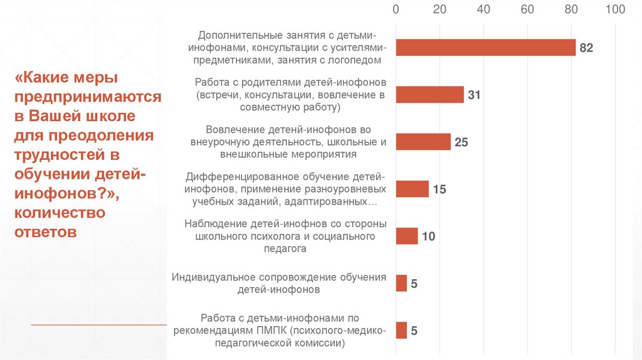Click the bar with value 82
point(485,48)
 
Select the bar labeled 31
point(429,95)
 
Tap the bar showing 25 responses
point(423,142)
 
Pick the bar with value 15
point(412,189)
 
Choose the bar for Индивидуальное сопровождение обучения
point(401,283)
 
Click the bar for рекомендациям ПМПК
point(401,331)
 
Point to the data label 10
point(428,237)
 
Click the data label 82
point(586,48)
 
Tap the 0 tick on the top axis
point(396,9)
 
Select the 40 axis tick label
point(483,9)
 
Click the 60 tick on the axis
point(527,9)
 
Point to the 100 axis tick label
point(616,9)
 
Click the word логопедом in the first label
point(357,60)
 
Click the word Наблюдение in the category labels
point(216,224)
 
